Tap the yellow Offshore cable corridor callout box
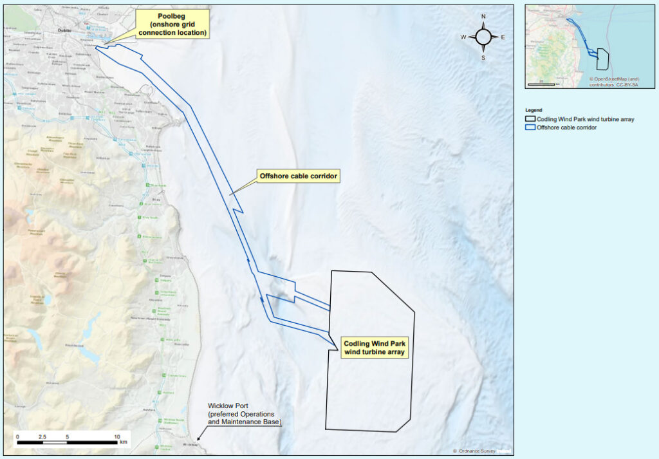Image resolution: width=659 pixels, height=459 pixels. [x=298, y=176]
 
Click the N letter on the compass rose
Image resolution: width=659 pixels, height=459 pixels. [x=483, y=17]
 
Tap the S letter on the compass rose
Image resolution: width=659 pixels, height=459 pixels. [x=483, y=57]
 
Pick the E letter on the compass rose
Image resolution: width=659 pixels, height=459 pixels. [x=503, y=37]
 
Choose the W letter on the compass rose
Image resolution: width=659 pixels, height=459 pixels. [x=463, y=37]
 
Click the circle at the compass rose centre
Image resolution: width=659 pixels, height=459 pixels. [x=483, y=37]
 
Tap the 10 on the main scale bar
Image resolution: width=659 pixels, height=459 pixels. [x=116, y=437]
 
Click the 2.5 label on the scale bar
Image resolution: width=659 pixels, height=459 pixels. [x=42, y=437]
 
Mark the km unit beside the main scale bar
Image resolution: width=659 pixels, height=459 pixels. [x=124, y=443]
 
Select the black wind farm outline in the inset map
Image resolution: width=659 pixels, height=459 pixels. [x=603, y=59]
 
